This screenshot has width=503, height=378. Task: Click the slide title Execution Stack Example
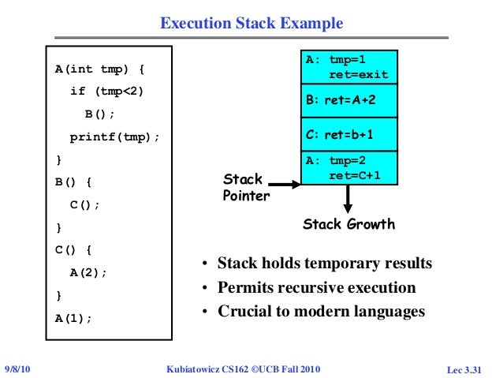pyautogui.click(x=251, y=24)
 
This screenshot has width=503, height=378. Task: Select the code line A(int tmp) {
pyautogui.click(x=99, y=69)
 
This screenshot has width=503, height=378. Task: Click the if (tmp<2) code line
pyautogui.click(x=107, y=91)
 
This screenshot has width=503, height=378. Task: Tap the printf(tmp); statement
pyautogui.click(x=114, y=137)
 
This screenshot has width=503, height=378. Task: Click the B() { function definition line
pyautogui.click(x=73, y=182)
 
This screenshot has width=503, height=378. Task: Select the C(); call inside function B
pyautogui.click(x=86, y=204)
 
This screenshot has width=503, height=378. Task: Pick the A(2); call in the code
pyautogui.click(x=88, y=272)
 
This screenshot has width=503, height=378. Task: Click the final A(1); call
pyautogui.click(x=73, y=318)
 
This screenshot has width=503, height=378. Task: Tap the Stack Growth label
pyautogui.click(x=348, y=225)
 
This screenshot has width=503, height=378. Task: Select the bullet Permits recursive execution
pyautogui.click(x=316, y=287)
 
